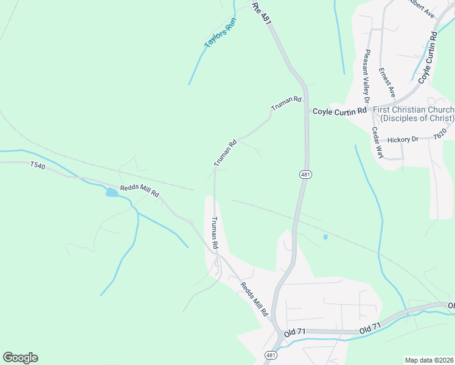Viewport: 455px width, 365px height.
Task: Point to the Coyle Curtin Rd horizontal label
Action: click(x=340, y=111)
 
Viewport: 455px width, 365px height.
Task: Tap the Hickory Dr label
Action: click(x=403, y=139)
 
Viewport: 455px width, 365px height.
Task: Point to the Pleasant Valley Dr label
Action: click(x=367, y=75)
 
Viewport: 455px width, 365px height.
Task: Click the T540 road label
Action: click(x=38, y=165)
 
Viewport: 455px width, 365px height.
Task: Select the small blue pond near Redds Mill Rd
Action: click(x=112, y=193)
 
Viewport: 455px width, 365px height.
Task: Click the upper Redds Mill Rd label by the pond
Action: click(x=139, y=190)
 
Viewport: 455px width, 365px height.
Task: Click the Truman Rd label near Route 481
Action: click(x=287, y=103)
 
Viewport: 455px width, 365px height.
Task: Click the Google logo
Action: click(x=20, y=358)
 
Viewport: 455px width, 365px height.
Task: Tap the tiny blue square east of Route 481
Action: click(x=325, y=236)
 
